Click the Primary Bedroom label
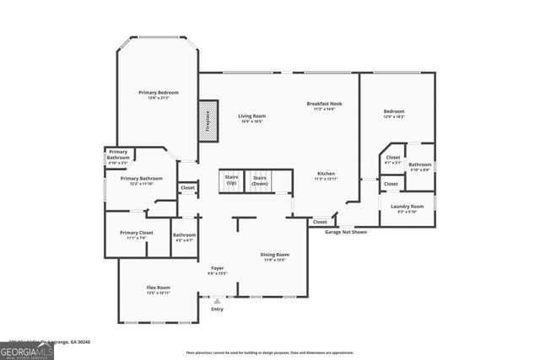[158, 94]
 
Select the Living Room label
[251, 118]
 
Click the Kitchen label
[326, 175]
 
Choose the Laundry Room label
[407, 208]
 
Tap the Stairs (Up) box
[231, 180]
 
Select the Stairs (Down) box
[260, 180]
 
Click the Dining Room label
[274, 257]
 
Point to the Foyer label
[217, 271]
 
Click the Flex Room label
[159, 290]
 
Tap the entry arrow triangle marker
[217, 301]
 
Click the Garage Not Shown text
[346, 231]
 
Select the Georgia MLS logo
[27, 350]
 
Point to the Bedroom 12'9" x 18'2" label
[394, 114]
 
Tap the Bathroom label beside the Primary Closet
[184, 238]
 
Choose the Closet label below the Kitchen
[320, 222]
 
